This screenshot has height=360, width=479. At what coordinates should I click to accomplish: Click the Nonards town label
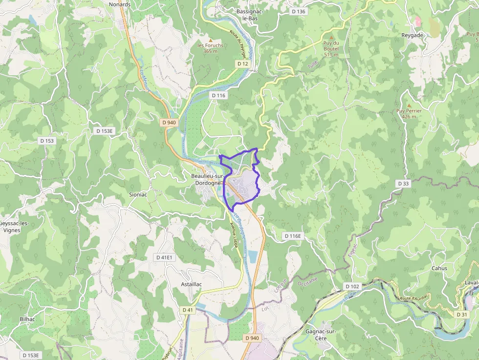click(120, 4)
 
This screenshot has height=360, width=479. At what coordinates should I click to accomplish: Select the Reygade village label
click(412, 35)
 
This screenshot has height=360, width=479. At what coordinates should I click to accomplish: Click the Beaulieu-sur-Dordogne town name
click(208, 179)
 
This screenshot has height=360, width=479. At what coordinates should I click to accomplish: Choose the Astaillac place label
click(192, 284)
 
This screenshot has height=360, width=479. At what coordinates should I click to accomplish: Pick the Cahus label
click(439, 268)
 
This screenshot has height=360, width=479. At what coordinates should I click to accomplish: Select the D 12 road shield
click(243, 64)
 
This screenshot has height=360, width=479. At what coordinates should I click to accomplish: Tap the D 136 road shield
click(298, 11)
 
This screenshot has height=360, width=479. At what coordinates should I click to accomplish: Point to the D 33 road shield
click(403, 183)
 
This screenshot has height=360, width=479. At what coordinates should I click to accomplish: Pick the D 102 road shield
click(352, 286)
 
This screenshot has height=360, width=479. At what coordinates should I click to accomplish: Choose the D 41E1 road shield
click(165, 257)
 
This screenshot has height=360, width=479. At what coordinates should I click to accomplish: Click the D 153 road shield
click(47, 141)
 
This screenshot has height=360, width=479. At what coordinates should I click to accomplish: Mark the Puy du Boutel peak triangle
click(331, 37)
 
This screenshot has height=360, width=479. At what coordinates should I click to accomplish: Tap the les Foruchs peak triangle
click(211, 40)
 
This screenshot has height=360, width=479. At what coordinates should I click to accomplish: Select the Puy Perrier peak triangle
click(409, 105)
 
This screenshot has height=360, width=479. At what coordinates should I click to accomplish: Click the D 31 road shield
click(461, 314)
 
